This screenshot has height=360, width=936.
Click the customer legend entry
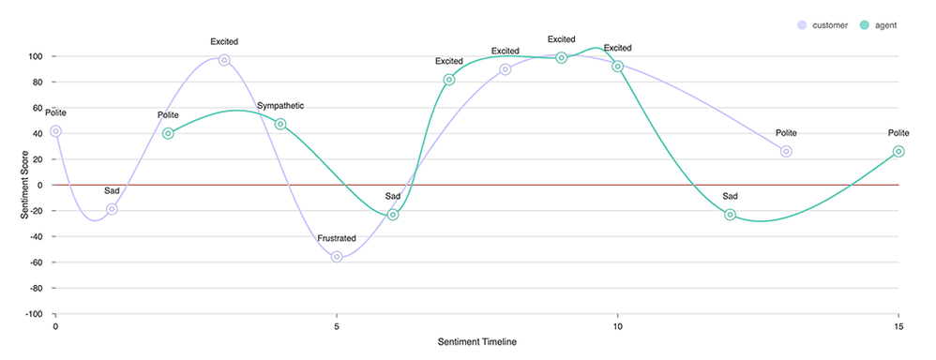tap(825, 24)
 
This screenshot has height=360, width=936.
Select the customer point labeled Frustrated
tap(337, 257)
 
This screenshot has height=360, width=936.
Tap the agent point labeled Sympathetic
tap(280, 124)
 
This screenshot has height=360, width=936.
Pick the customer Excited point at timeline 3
tap(224, 60)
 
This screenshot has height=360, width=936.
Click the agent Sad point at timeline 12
tap(731, 215)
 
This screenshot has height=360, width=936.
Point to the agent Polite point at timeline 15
tap(898, 151)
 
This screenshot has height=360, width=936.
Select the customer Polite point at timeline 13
tap(786, 151)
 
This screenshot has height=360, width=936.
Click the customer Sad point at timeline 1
tap(112, 209)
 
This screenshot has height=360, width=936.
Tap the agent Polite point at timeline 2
tap(168, 133)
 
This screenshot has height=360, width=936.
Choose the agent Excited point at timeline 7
tap(449, 80)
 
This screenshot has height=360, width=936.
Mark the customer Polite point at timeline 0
tap(55, 131)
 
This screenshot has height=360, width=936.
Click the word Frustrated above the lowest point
tap(337, 238)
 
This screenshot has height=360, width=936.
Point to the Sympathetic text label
tap(280, 106)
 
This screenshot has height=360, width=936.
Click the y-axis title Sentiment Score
tap(25, 185)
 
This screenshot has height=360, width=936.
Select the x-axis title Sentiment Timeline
tap(476, 342)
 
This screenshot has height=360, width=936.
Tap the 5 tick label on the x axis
tap(337, 326)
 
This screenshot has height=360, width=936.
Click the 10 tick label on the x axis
tap(618, 326)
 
